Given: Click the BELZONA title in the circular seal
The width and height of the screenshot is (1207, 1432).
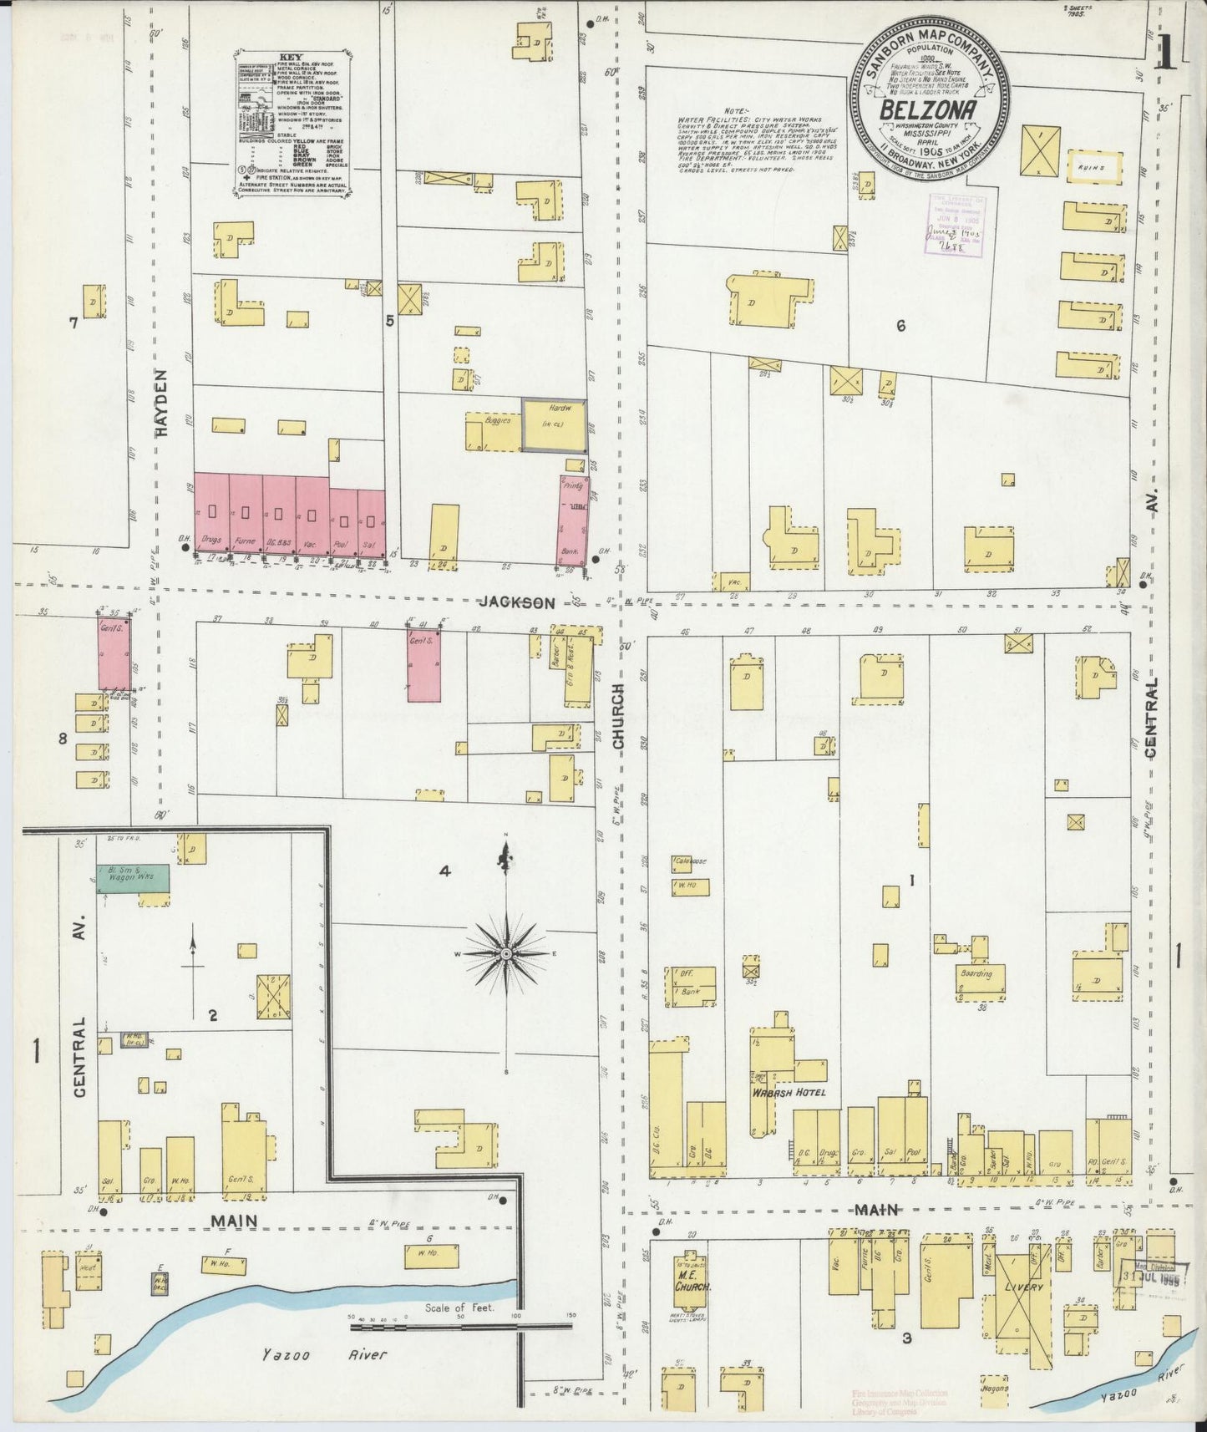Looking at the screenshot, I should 930,112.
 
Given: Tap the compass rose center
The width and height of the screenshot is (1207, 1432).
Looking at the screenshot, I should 506,953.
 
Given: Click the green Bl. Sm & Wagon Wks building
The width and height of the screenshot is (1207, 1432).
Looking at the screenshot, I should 133,877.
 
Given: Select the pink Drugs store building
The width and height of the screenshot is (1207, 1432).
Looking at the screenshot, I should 211,515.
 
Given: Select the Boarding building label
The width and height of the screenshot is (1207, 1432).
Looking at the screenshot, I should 976,974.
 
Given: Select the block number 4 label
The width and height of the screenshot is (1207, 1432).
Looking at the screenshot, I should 445,872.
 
